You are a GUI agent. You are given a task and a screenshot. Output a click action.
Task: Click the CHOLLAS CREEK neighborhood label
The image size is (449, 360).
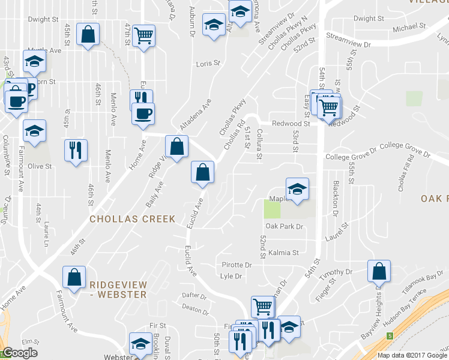click(x=132, y=219)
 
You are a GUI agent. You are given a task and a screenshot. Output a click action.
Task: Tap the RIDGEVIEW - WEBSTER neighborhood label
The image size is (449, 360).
click(x=118, y=289)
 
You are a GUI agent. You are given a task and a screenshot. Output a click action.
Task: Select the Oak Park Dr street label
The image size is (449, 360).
click(x=285, y=227)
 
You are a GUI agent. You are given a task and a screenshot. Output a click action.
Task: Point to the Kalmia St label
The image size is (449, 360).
click(x=283, y=253)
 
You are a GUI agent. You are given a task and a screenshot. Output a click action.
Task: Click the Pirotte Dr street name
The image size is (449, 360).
click(x=236, y=265)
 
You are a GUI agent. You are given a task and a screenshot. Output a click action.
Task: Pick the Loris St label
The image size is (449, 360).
click(x=209, y=62)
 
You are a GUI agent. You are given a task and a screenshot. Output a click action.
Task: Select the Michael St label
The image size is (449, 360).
click(x=409, y=28)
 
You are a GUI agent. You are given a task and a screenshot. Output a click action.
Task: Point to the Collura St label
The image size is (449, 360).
click(x=259, y=145)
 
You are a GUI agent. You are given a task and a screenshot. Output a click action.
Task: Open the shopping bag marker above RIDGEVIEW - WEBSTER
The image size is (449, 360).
click(x=74, y=278)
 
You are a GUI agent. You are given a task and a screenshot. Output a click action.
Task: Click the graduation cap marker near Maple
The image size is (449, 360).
click(x=297, y=189)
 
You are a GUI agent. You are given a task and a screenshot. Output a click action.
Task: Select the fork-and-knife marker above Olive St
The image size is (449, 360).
click(x=76, y=151)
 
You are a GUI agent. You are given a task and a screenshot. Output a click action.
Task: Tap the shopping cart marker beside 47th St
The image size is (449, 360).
click(x=143, y=36)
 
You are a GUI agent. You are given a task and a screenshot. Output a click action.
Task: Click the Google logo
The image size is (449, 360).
click(x=20, y=353)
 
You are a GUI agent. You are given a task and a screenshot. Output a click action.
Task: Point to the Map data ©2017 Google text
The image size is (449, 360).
click(x=412, y=355)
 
